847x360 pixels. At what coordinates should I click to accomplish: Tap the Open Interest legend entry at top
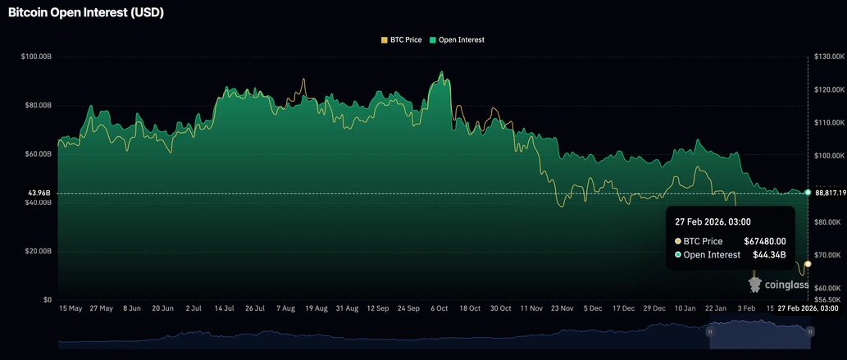pos(457,39)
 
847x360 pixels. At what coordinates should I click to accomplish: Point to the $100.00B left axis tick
pos(37,57)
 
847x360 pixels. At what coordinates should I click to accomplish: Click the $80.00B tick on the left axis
pos(39,105)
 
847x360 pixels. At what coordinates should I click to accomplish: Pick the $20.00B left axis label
pos(39,251)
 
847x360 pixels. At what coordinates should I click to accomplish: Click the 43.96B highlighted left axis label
pos(39,193)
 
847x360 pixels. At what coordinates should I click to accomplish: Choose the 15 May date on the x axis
pos(71,309)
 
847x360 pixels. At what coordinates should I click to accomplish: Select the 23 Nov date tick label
pos(562,309)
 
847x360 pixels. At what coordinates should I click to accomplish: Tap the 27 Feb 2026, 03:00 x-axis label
pos(808,309)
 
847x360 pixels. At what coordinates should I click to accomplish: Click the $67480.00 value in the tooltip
pos(765,241)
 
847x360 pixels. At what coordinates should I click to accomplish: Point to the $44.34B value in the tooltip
pos(770,255)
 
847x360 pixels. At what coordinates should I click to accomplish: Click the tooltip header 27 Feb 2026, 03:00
pos(713,221)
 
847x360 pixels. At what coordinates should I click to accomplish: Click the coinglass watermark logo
pos(776,285)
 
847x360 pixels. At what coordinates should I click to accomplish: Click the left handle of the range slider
pos(710,331)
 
